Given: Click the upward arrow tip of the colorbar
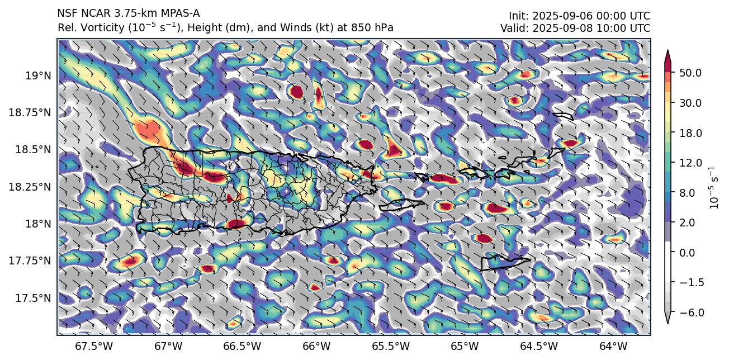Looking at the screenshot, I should click(667, 52).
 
